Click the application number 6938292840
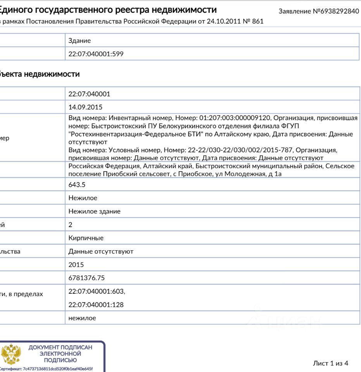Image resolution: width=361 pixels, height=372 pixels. [x=340, y=11]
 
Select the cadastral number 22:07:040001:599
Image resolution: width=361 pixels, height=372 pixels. [x=96, y=54]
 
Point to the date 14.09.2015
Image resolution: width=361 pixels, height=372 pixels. [x=85, y=107]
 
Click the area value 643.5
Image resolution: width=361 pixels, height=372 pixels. [x=77, y=184]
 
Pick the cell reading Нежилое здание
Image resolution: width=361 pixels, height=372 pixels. [x=94, y=211]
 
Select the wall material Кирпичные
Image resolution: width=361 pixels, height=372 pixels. [x=86, y=238]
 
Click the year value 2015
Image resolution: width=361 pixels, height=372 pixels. [x=76, y=265]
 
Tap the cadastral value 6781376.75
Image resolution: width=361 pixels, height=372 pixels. [x=86, y=278]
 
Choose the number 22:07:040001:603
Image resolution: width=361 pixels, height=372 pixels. [x=96, y=291]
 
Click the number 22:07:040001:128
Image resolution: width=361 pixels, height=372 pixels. [x=96, y=305]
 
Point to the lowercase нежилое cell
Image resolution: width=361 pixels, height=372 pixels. [x=82, y=318]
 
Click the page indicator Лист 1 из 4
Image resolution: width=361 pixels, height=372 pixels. [x=330, y=363]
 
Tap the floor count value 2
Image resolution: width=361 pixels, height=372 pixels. [x=70, y=224]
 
